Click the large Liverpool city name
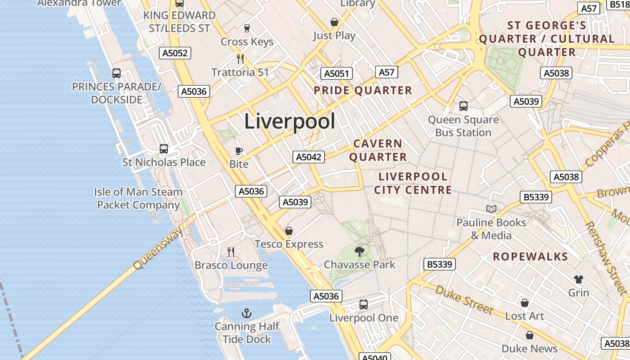click(x=290, y=121)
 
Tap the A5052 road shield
click(x=175, y=53)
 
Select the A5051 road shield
click(x=337, y=74)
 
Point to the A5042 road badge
click(x=309, y=157)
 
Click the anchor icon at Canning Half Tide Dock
click(x=246, y=313)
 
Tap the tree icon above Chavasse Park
click(x=359, y=251)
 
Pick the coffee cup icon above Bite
click(x=239, y=151)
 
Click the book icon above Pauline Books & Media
click(x=491, y=209)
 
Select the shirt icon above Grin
click(x=578, y=279)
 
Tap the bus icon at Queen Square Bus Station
click(x=463, y=106)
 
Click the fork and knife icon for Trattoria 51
click(x=240, y=58)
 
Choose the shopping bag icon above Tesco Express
click(x=289, y=231)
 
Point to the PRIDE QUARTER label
click(x=363, y=90)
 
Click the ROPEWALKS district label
click(x=530, y=257)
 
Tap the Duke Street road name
click(x=464, y=299)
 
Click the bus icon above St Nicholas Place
click(x=164, y=148)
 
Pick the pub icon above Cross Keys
click(x=247, y=28)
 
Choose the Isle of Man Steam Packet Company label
click(x=139, y=198)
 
